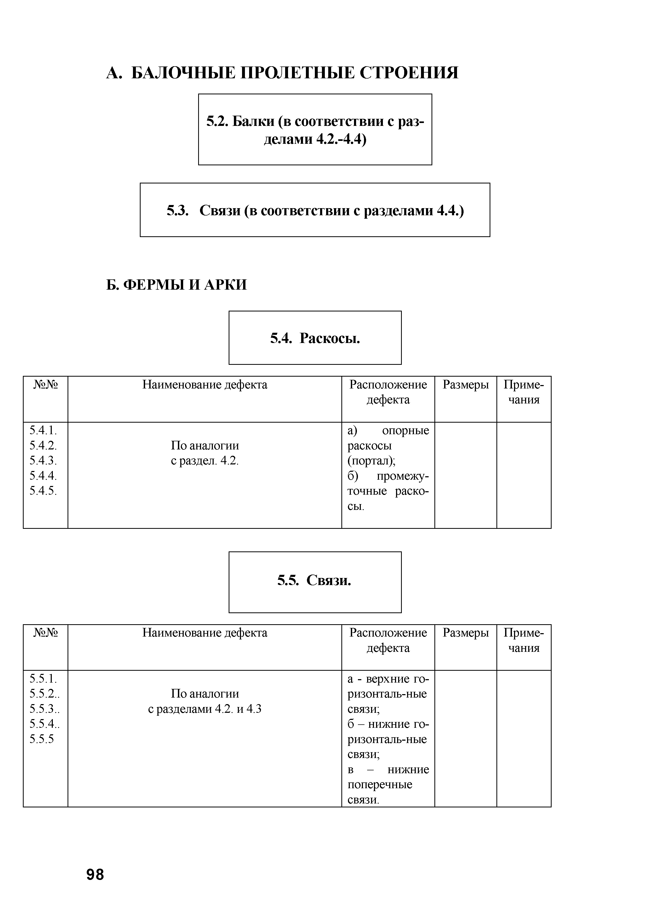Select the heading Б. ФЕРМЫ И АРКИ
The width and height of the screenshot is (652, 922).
(x=177, y=285)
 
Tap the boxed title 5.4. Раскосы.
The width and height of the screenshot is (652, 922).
(x=315, y=339)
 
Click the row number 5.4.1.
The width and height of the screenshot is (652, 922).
(x=43, y=431)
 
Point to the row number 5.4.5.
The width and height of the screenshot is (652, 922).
(x=43, y=491)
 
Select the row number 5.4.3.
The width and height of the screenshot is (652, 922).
(x=43, y=460)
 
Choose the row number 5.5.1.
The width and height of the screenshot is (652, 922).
(x=43, y=679)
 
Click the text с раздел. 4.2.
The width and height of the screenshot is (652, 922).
(x=205, y=460)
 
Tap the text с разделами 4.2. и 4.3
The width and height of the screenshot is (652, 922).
(x=205, y=709)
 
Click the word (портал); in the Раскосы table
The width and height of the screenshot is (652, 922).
(x=371, y=460)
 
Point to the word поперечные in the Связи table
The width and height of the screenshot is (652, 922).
(x=380, y=784)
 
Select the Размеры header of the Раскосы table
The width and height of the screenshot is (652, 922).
(x=466, y=385)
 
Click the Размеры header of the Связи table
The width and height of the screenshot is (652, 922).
(x=466, y=633)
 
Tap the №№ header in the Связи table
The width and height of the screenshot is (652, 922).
(x=45, y=633)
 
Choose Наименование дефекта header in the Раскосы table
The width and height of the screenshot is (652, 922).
(x=205, y=385)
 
